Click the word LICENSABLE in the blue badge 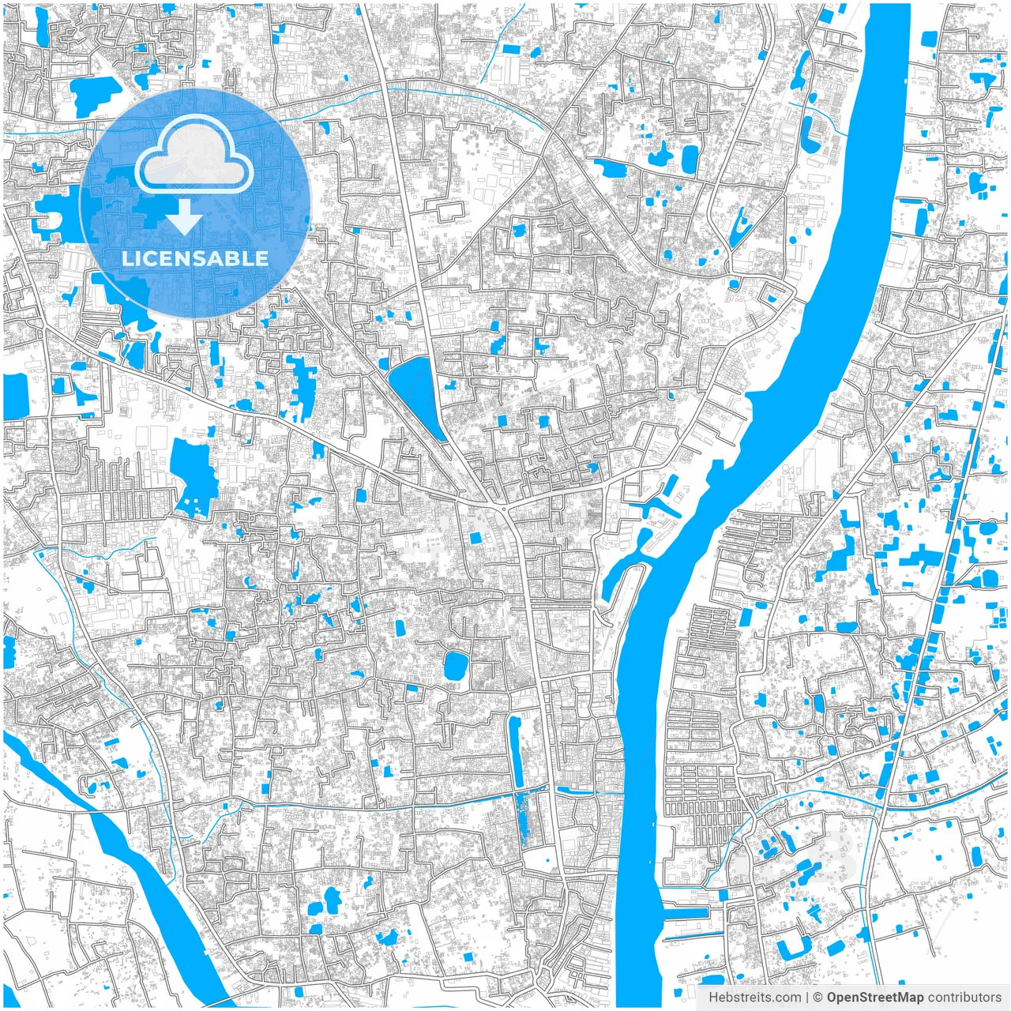(x=194, y=258)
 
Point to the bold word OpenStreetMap (x=875, y=998)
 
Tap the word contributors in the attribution (x=964, y=998)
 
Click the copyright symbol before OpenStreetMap (x=818, y=998)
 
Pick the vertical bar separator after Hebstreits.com (x=806, y=998)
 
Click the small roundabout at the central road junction (x=503, y=509)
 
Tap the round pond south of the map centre (x=455, y=666)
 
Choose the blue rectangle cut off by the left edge (x=14, y=396)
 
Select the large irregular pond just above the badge (x=96, y=93)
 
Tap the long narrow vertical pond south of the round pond (x=516, y=750)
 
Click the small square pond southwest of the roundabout (x=475, y=538)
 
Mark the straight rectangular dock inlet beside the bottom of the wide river (x=686, y=912)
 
